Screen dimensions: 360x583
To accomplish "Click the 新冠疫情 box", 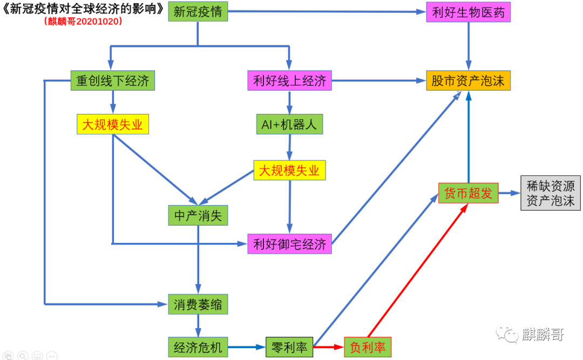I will click(x=198, y=12).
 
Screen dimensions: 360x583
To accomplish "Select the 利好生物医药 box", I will click(x=468, y=12).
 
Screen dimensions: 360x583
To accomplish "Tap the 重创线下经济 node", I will click(x=112, y=81).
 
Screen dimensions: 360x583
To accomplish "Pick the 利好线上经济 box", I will click(x=290, y=81).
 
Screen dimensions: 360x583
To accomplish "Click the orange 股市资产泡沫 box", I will click(x=468, y=81).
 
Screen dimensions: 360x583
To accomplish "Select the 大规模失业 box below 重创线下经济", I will click(x=112, y=125).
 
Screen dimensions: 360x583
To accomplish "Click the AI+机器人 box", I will click(x=289, y=125).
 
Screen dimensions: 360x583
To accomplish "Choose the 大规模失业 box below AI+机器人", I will click(x=289, y=171).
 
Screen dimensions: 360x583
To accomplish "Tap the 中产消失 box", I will click(x=198, y=215).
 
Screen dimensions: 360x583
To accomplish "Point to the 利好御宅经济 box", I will click(x=290, y=244).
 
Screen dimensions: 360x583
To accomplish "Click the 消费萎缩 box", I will click(x=198, y=304).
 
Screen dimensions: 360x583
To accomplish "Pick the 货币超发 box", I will click(x=468, y=193).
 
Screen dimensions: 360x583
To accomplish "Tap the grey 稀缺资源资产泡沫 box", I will click(x=551, y=193).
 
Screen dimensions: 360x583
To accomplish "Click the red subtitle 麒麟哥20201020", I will click(x=83, y=22).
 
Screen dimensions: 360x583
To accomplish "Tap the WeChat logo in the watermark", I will click(x=508, y=334).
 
